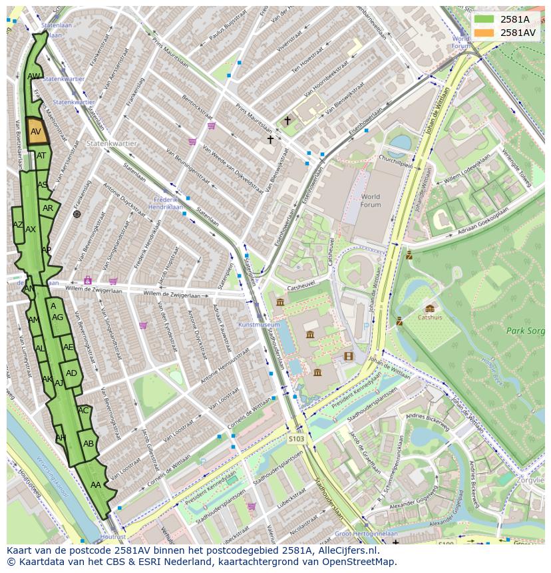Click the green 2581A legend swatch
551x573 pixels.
point(484,19)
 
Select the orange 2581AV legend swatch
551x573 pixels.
point(484,33)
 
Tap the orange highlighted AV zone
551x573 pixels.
point(37,132)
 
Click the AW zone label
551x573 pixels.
point(34,77)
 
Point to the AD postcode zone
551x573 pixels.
point(71,373)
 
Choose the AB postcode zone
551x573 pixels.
point(89,444)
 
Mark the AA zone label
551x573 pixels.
point(96,485)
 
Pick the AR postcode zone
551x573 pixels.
point(48,208)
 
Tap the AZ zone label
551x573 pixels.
point(18,225)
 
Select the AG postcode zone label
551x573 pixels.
point(58,317)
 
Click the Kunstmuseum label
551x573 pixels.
point(259,325)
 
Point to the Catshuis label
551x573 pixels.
point(430,317)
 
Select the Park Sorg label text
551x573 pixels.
point(524,330)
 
